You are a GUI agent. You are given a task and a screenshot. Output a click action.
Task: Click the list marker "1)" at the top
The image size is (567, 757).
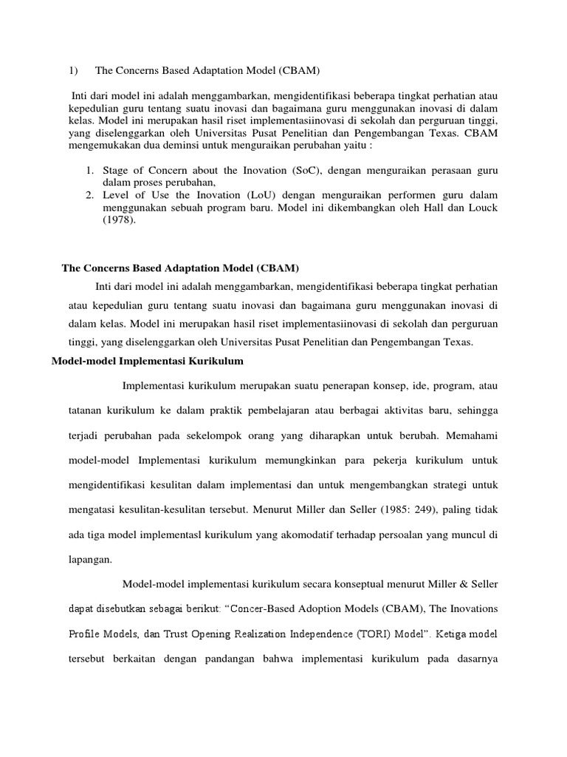pyautogui.click(x=73, y=70)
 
